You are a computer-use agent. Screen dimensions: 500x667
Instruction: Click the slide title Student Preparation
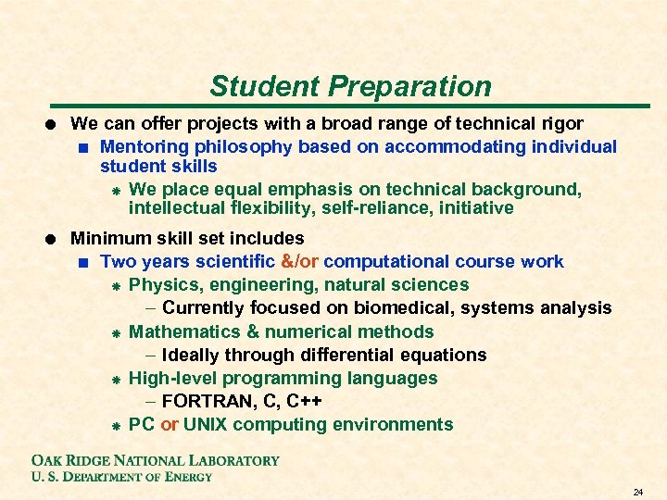[x=350, y=86]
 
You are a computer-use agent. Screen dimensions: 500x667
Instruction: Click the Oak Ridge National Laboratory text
[x=156, y=460]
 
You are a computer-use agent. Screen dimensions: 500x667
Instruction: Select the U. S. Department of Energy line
[x=122, y=477]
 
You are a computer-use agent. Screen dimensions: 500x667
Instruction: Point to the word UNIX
[x=209, y=425]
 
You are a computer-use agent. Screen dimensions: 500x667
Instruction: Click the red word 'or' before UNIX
[x=170, y=425]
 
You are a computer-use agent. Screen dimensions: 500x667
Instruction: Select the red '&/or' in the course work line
[x=299, y=262]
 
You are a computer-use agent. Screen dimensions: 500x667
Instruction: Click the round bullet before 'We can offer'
[x=52, y=123]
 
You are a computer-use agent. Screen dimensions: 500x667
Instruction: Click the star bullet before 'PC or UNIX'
[x=112, y=426]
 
